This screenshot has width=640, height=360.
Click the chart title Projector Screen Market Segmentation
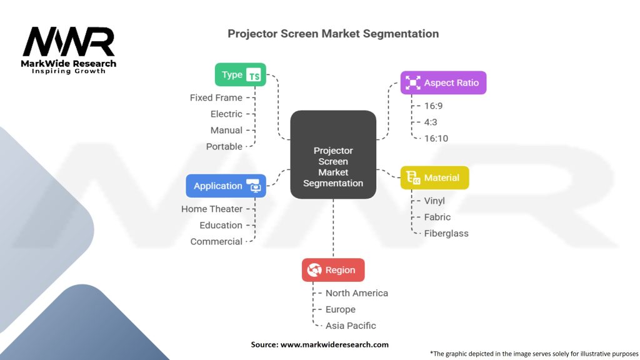click(x=333, y=33)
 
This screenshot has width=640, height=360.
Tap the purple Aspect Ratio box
click(x=443, y=82)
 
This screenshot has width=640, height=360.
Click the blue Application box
click(x=226, y=186)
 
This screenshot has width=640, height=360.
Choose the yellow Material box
click(x=434, y=178)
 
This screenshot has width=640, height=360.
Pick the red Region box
click(x=332, y=270)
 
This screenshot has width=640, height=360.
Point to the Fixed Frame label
click(x=216, y=97)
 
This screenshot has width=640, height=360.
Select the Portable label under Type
click(x=224, y=146)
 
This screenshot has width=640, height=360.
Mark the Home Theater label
click(x=211, y=209)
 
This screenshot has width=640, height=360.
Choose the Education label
click(x=221, y=225)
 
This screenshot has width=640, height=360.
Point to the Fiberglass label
click(x=446, y=233)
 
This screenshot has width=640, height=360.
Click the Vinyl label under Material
click(x=434, y=201)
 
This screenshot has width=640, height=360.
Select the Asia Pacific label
click(x=351, y=325)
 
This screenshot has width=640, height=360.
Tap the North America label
click(x=356, y=292)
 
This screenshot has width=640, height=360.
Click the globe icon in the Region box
click(x=314, y=270)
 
